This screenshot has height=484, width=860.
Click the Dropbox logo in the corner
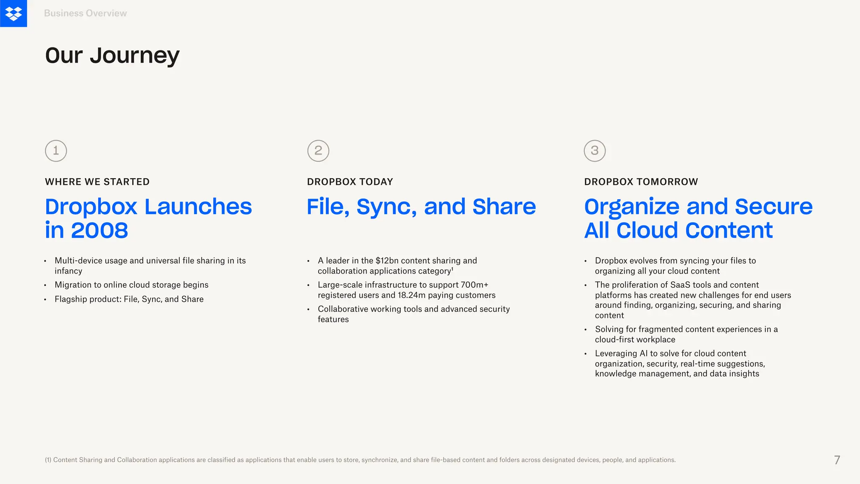(x=13, y=13)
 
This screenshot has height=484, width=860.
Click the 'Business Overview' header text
(x=85, y=13)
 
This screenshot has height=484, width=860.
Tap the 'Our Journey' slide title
(x=112, y=55)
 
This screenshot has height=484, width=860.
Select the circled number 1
(x=56, y=151)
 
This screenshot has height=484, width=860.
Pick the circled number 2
(x=318, y=151)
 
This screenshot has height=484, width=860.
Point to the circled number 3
(x=595, y=151)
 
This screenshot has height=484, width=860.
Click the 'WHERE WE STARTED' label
(x=97, y=182)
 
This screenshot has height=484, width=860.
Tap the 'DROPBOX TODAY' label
(x=350, y=182)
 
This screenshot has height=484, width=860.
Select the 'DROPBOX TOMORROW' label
(x=641, y=182)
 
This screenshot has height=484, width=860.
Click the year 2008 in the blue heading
(x=100, y=231)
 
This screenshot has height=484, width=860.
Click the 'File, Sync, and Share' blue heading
(x=421, y=207)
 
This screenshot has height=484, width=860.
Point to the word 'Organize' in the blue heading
(x=632, y=207)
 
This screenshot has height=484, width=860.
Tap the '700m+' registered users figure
(x=474, y=285)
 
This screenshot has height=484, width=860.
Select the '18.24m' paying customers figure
(x=412, y=295)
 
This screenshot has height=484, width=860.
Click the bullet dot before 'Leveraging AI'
(x=585, y=354)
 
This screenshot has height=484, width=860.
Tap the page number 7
(x=837, y=460)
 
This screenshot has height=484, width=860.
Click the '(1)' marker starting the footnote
(x=48, y=460)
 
